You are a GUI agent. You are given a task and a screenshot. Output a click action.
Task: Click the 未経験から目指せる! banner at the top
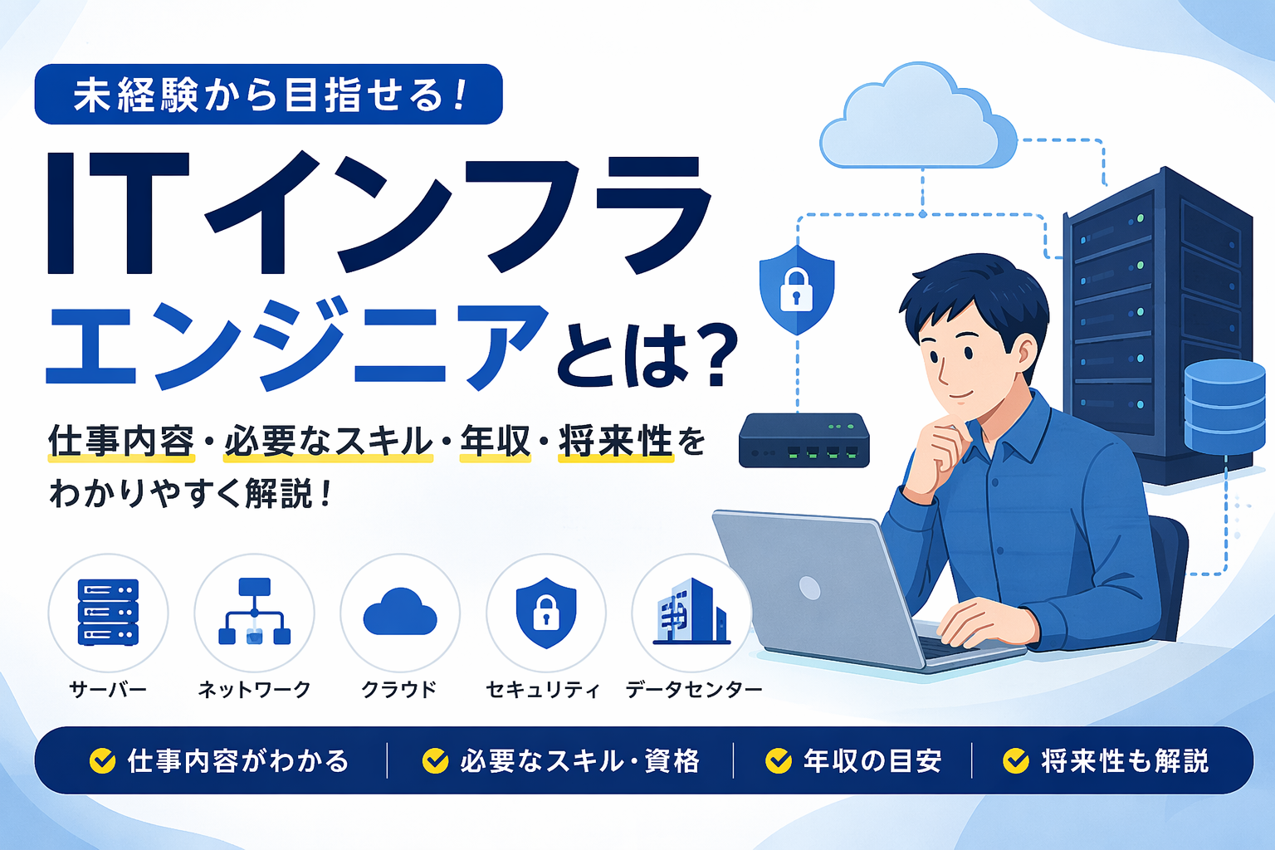pos(269,94)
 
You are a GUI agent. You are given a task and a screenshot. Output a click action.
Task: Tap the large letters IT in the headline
pos(118,213)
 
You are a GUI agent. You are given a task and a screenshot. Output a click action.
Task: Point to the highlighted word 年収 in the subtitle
pos(495,442)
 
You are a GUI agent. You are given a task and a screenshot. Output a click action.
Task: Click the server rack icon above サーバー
pos(108,612)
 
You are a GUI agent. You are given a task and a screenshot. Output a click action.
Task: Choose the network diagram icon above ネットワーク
pos(255,612)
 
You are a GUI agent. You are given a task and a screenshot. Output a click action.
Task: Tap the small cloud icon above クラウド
pos(400,612)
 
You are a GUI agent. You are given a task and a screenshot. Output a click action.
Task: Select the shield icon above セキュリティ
pos(546,613)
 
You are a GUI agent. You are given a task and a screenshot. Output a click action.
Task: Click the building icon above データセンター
pos(692,612)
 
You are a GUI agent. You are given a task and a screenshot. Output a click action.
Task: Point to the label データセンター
pos(694,690)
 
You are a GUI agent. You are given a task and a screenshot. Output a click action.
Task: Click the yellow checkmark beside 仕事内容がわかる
pos(102,760)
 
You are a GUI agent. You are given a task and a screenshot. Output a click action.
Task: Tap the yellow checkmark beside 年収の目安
pos(779,760)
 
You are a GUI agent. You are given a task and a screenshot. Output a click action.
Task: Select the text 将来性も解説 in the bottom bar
pos(1125,761)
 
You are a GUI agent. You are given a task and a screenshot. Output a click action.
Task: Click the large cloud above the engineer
pos(918,117)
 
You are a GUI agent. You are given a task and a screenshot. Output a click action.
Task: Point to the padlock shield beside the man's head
pos(797,290)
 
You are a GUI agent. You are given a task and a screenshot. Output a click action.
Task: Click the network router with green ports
pos(804,441)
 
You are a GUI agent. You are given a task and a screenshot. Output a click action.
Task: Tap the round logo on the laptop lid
pos(809,588)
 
